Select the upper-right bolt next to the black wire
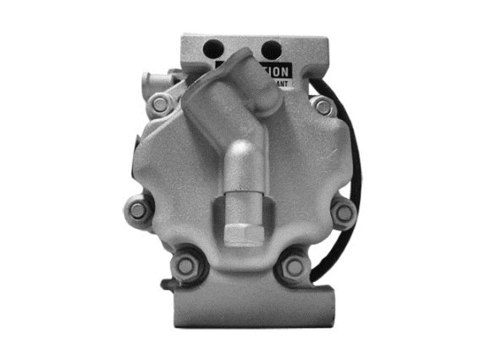pos(323,106)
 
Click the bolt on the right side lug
pos(343,212)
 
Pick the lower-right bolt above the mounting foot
pos(294,267)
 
